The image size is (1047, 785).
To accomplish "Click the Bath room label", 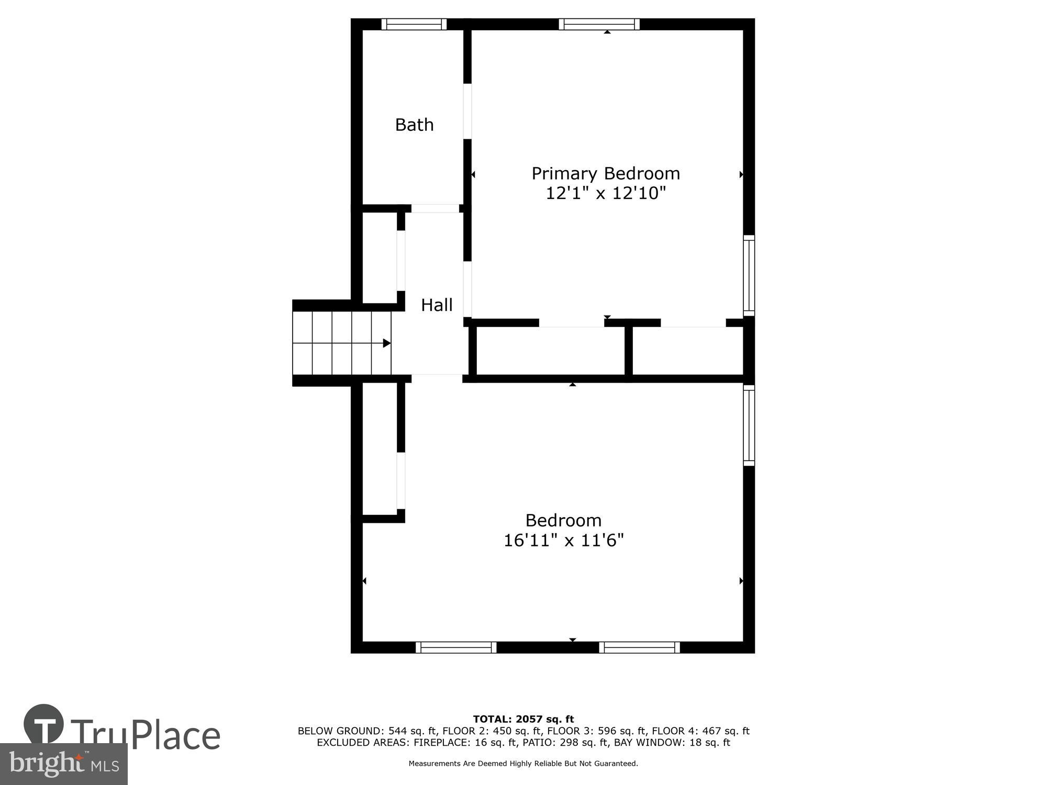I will (414, 125).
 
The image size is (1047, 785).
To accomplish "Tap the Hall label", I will (437, 305).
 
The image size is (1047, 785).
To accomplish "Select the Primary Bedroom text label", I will (606, 173).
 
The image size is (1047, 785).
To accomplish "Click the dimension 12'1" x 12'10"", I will (606, 193).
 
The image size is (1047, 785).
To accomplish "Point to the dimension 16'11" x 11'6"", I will (564, 540).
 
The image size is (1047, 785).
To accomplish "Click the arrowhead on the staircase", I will (386, 343).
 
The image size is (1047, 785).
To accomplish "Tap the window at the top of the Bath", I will (414, 24).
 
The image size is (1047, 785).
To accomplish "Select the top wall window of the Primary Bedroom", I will (599, 24).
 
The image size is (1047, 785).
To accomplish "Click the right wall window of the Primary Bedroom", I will (749, 275).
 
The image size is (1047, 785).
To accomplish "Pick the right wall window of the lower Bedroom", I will (749, 425).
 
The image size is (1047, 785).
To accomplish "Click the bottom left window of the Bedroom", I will (456, 647).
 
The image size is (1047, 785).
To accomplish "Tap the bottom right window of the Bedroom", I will (639, 647).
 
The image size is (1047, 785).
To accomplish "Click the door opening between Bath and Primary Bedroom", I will (467, 111).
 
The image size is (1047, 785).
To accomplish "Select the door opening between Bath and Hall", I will (435, 208).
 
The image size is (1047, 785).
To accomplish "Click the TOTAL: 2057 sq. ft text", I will (523, 719).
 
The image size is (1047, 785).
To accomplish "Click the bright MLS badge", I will (63, 764).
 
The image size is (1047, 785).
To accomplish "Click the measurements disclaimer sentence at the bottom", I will (523, 764).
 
